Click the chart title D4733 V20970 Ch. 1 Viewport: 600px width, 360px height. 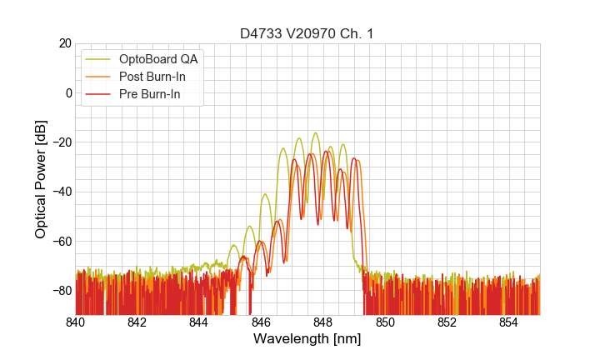coord(307,33)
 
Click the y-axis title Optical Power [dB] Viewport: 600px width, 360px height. coord(41,179)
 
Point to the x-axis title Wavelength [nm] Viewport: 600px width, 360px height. coord(307,339)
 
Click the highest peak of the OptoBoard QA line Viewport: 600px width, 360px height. coord(315,132)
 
